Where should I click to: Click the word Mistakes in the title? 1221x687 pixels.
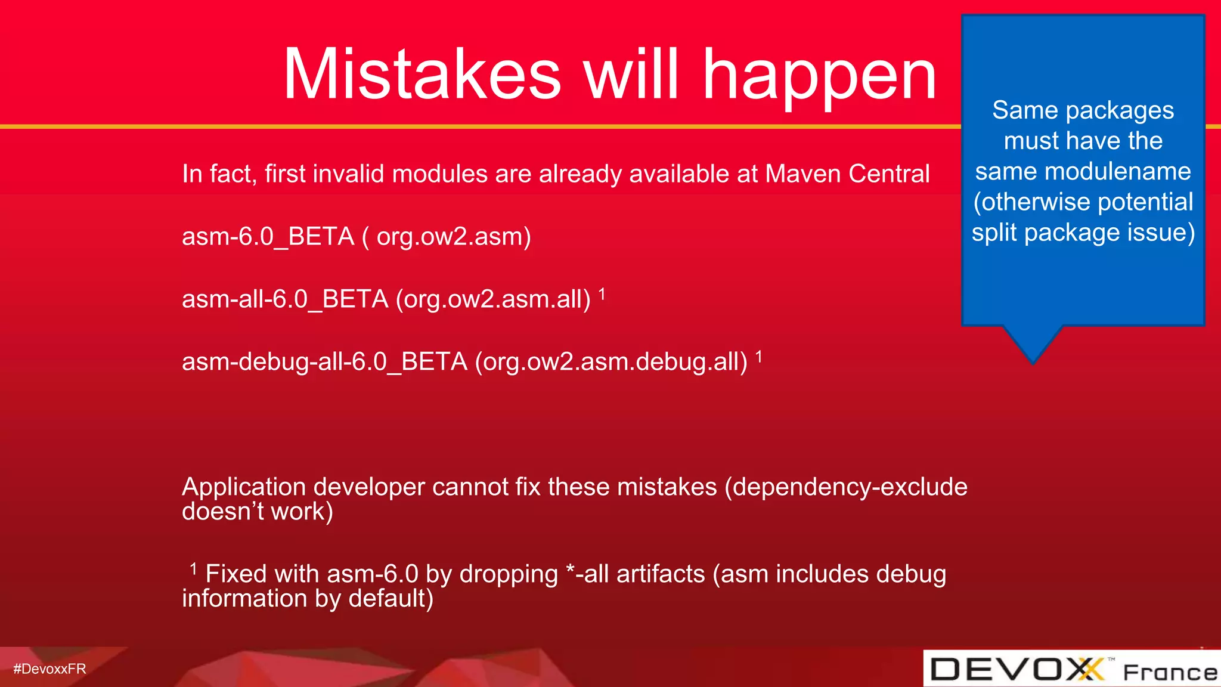click(422, 75)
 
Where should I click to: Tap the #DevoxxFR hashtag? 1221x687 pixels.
click(49, 669)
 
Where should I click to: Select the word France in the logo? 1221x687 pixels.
click(1170, 672)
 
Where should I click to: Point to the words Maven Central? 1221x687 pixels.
click(847, 174)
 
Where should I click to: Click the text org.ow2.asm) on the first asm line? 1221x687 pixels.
click(454, 237)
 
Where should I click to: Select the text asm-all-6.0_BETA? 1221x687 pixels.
click(285, 299)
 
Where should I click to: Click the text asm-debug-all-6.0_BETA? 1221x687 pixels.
click(324, 362)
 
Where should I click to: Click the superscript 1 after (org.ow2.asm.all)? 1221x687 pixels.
click(602, 293)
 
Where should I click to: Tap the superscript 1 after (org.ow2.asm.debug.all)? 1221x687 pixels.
click(759, 357)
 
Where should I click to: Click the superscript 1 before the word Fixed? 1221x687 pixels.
click(193, 568)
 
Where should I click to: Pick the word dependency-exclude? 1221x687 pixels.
click(849, 487)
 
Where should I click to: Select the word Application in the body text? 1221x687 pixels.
click(244, 487)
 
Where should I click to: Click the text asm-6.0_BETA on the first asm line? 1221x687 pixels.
click(268, 237)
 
